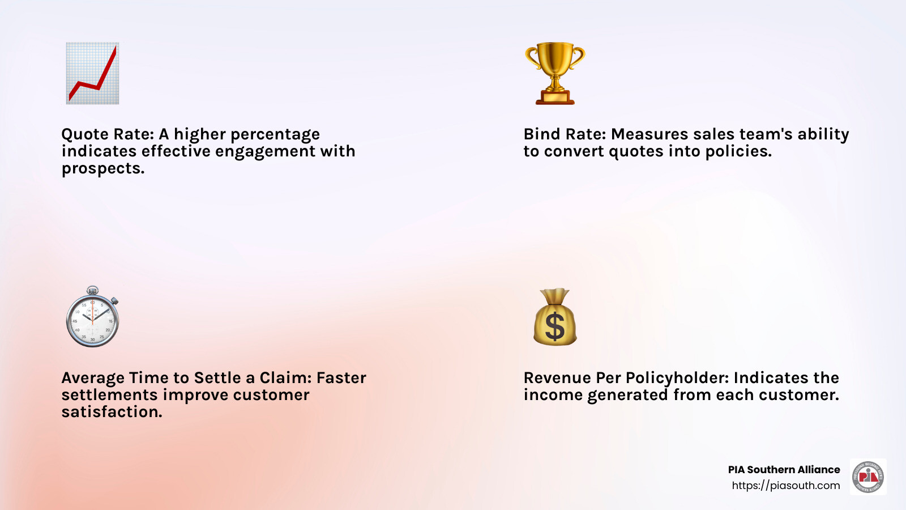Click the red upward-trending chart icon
pos(93,73)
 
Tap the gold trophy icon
pos(555,73)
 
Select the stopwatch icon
pos(93,316)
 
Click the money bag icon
pos(555,317)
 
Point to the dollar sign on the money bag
pos(554,326)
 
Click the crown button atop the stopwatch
pos(93,290)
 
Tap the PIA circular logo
pos(868,477)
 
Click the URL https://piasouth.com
pos(786,485)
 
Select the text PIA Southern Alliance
pos(784,470)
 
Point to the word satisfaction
pos(112,412)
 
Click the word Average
pos(93,378)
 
